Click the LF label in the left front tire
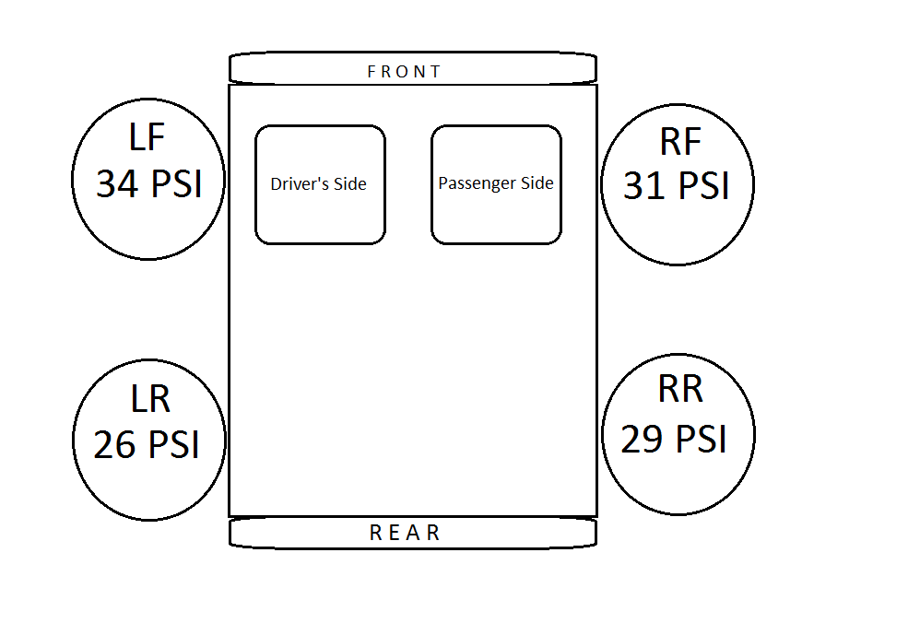(147, 138)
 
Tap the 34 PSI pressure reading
(148, 183)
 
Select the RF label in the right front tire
(680, 142)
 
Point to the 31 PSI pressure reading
(677, 186)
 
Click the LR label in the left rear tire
(149, 400)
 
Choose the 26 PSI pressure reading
(147, 445)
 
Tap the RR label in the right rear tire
(680, 390)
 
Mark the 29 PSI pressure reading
(674, 440)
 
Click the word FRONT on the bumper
(405, 71)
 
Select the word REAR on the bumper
(406, 533)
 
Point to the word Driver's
(294, 184)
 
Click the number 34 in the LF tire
(117, 184)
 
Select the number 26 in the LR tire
(115, 445)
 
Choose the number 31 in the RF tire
(644, 186)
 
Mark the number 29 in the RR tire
(643, 440)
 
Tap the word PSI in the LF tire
(176, 184)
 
